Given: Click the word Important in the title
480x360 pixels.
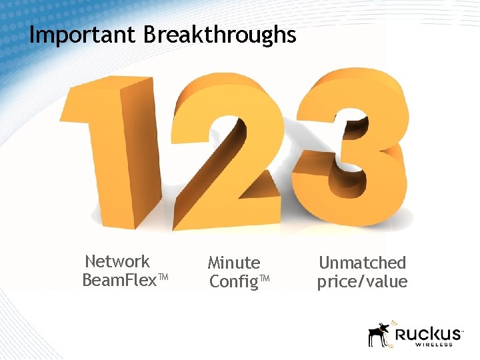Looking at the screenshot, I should click(x=83, y=35).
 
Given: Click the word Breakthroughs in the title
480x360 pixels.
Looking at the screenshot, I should click(x=220, y=35).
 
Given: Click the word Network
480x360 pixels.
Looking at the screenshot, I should click(x=117, y=261).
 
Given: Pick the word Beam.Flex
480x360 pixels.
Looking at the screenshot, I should click(x=118, y=280).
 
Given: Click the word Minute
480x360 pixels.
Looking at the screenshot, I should click(x=233, y=263).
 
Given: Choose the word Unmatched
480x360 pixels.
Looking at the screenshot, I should click(x=362, y=263).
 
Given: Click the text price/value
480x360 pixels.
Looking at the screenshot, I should click(x=362, y=282).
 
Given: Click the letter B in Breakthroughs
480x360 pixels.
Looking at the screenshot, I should click(x=150, y=35).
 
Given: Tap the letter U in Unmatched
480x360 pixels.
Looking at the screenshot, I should click(x=324, y=263).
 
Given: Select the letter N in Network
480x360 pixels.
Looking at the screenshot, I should click(x=91, y=261).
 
